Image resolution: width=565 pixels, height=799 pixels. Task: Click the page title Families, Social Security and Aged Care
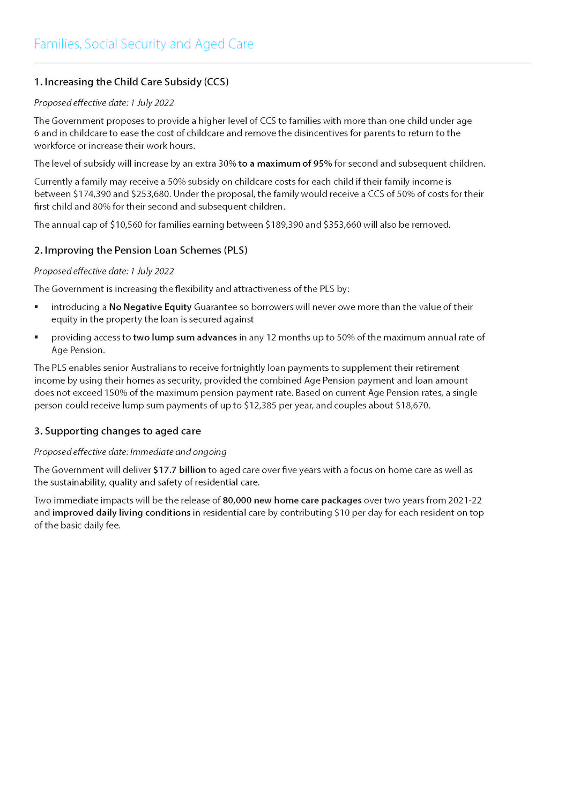tap(144, 44)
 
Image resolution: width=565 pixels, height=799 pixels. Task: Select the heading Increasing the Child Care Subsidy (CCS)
tap(131, 82)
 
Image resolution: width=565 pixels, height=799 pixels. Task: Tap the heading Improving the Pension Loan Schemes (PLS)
tap(140, 250)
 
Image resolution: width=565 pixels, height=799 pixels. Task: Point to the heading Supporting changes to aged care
tap(117, 431)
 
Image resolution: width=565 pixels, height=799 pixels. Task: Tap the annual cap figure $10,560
tap(126, 225)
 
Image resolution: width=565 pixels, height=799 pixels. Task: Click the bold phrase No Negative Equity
tap(150, 307)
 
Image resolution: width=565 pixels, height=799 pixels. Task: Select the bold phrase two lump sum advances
tap(185, 338)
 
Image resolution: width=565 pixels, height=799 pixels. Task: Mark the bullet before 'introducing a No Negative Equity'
tap(36, 307)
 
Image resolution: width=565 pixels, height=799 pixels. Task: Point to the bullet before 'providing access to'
tap(36, 338)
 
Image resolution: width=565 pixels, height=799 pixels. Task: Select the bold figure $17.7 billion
tap(180, 470)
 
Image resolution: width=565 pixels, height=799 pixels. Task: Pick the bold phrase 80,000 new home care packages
tap(292, 501)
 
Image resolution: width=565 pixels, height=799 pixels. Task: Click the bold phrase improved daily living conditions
tap(121, 513)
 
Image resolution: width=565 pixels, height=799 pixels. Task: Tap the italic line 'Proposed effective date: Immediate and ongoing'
tap(130, 452)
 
